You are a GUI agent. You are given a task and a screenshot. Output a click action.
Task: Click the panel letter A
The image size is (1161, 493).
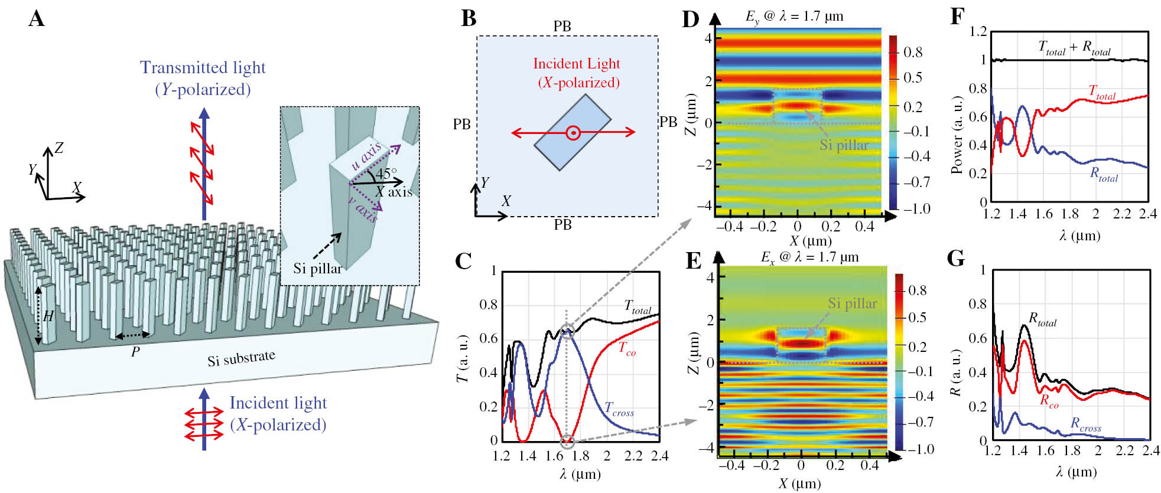click(x=37, y=19)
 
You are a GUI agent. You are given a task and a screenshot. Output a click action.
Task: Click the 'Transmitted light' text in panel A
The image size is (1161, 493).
click(x=203, y=68)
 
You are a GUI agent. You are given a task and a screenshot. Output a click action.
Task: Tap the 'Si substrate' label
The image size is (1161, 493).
click(x=241, y=358)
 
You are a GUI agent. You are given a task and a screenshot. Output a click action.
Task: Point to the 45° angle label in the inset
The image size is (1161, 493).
click(x=386, y=174)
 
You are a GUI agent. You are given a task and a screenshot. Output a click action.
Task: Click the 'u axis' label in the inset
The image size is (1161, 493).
click(x=366, y=156)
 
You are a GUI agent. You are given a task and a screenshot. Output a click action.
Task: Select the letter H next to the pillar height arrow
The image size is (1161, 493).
click(x=48, y=316)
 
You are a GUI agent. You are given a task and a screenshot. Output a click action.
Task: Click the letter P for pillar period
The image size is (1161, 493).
click(x=135, y=352)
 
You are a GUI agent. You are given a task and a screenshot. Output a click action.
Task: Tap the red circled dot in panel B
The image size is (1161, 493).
click(x=573, y=133)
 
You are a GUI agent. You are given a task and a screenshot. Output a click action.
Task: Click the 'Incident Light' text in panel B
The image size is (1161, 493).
click(x=577, y=64)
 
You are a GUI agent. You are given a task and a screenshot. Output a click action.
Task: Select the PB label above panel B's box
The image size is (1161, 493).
click(x=562, y=27)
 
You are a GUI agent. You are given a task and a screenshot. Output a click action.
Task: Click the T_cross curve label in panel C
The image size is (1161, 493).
click(x=619, y=409)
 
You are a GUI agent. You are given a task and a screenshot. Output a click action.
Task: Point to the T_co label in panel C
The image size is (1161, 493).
click(x=627, y=349)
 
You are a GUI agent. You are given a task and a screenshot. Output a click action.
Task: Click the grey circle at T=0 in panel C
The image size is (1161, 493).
click(x=567, y=441)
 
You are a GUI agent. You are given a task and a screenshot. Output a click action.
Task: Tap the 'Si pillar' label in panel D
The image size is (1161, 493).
click(x=844, y=145)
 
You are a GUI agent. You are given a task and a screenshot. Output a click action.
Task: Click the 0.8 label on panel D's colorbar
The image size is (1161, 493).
click(x=913, y=53)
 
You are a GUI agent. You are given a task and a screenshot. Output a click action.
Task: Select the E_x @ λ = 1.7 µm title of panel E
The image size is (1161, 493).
click(x=809, y=257)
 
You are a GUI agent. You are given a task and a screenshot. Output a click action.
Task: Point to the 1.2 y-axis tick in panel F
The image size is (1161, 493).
click(x=978, y=31)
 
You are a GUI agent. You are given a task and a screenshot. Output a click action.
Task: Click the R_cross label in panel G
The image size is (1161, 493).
click(x=1085, y=424)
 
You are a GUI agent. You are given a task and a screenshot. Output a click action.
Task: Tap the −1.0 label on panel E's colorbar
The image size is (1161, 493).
click(x=921, y=449)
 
